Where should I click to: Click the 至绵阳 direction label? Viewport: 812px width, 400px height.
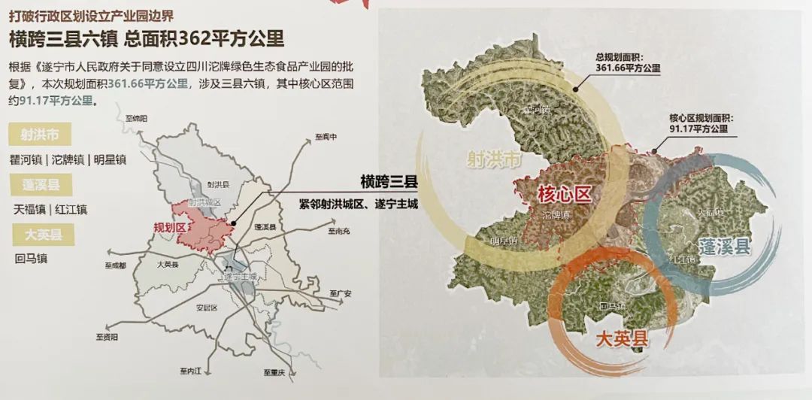137,119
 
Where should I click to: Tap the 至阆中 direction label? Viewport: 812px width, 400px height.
326,137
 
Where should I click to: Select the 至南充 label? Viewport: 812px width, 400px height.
339,232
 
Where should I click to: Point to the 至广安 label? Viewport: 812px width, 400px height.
341,292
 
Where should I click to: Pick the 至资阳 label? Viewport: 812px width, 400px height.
107,338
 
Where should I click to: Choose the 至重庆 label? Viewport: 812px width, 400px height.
274,373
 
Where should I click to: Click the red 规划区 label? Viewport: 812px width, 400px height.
168,227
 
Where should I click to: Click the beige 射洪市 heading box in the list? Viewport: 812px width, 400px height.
40,135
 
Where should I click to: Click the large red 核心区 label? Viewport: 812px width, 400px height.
565,193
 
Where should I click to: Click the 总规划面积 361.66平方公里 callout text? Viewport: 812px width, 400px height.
626,62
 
